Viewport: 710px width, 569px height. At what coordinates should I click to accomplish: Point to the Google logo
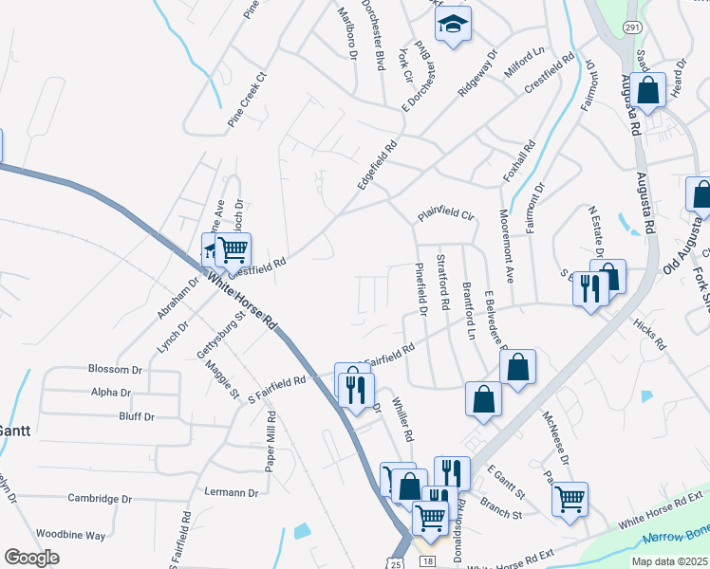pos(31,558)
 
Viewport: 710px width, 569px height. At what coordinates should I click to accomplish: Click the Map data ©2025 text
pos(669,561)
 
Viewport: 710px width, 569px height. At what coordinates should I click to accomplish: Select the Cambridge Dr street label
pos(100,498)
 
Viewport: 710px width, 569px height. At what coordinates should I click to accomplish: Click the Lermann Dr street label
pos(232,492)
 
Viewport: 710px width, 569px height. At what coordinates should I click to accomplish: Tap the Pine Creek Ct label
pos(247,99)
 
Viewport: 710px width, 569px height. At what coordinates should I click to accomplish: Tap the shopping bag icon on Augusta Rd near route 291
pos(650,92)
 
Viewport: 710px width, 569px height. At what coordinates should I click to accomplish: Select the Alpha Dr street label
pos(111,392)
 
